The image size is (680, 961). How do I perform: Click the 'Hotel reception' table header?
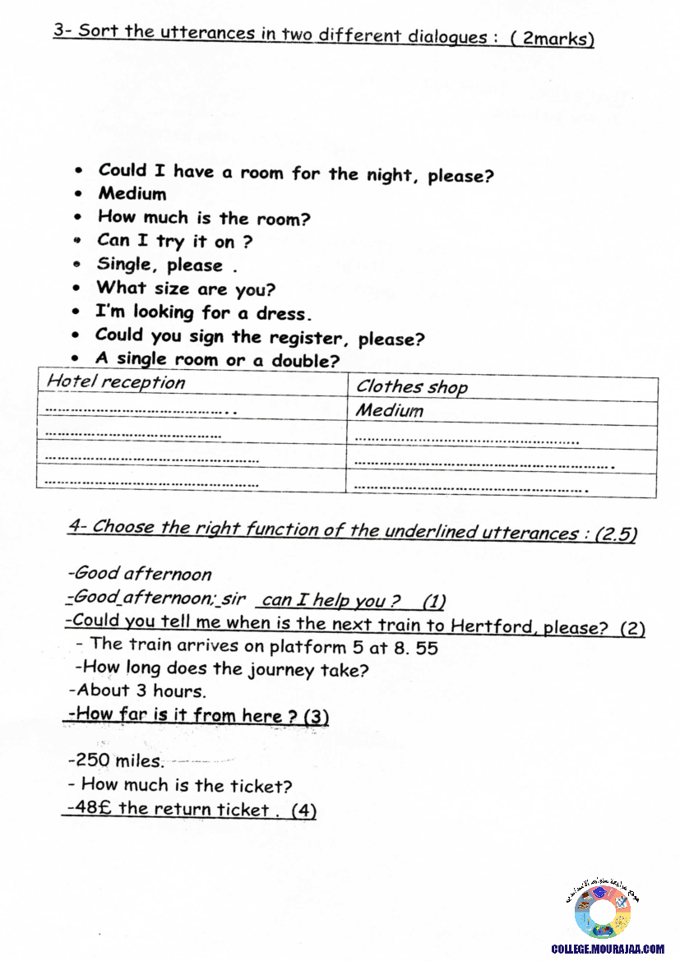116,382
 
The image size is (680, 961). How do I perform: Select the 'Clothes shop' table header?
411,387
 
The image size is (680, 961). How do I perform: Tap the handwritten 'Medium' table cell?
390,410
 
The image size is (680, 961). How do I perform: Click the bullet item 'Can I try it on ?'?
174,242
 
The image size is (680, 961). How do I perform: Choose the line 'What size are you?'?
186,289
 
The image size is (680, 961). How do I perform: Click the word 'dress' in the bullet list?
283,314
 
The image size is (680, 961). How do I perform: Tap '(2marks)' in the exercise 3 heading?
552,39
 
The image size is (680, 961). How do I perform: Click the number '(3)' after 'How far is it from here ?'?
317,717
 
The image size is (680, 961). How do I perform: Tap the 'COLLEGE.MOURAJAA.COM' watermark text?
607,949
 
